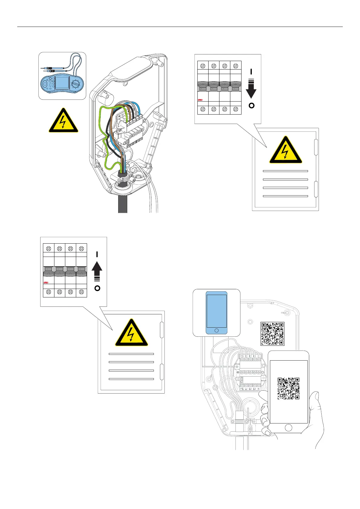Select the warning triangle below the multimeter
[63, 121]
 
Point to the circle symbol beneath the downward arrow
[251, 105]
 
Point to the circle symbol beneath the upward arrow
[97, 288]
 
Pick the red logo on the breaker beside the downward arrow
[200, 100]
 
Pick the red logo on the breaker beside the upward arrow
[46, 283]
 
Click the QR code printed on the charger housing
[272, 334]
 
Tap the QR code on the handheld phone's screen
[289, 388]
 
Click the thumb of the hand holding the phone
[264, 407]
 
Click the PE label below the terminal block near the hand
[242, 389]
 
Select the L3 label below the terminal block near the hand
[255, 389]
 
